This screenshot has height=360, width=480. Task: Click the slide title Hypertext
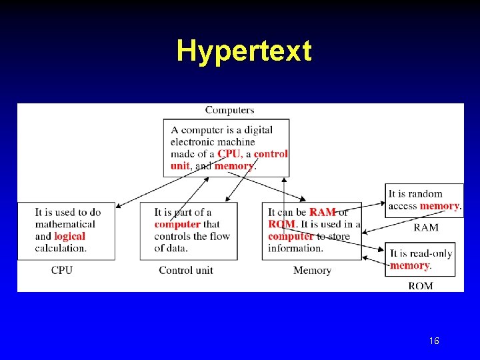tap(243, 51)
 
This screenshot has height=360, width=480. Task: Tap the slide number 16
tap(434, 341)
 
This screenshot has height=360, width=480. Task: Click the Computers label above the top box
tap(229, 110)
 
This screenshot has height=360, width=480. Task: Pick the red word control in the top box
tap(271, 154)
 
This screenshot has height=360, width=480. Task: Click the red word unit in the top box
tap(180, 166)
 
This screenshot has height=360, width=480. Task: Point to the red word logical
tap(69, 237)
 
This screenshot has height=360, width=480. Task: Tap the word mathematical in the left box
tap(65, 225)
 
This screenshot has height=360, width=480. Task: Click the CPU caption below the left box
tap(62, 270)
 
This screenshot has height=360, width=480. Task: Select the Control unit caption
tap(186, 270)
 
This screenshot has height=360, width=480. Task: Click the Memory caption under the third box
tap(312, 270)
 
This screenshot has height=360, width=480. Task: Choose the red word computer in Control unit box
tap(177, 225)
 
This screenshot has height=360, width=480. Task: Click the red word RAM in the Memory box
tap(322, 213)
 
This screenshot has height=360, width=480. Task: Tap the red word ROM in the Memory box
tap(281, 225)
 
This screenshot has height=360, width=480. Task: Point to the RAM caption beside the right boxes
tap(426, 227)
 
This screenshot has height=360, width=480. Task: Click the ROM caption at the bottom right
tap(420, 286)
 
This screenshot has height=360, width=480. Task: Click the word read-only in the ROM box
tap(430, 254)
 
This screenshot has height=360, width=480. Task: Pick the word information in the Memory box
tap(295, 249)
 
